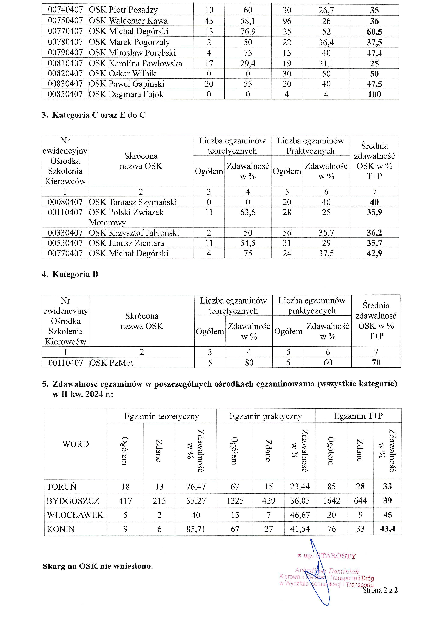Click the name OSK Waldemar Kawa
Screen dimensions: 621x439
(x=128, y=21)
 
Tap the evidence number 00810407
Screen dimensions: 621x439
(x=65, y=63)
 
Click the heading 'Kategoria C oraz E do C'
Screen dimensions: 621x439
(x=99, y=115)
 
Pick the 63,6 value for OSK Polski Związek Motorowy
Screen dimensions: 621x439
(x=248, y=212)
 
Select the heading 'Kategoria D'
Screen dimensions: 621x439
(x=75, y=274)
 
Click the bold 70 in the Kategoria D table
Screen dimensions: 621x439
(x=376, y=362)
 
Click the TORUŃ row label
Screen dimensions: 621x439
(x=61, y=487)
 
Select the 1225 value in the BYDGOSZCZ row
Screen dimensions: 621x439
(x=235, y=501)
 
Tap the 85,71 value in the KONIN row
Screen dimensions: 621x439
(x=196, y=529)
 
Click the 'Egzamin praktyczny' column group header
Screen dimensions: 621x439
(x=266, y=416)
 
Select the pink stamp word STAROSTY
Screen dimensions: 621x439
(x=337, y=556)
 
